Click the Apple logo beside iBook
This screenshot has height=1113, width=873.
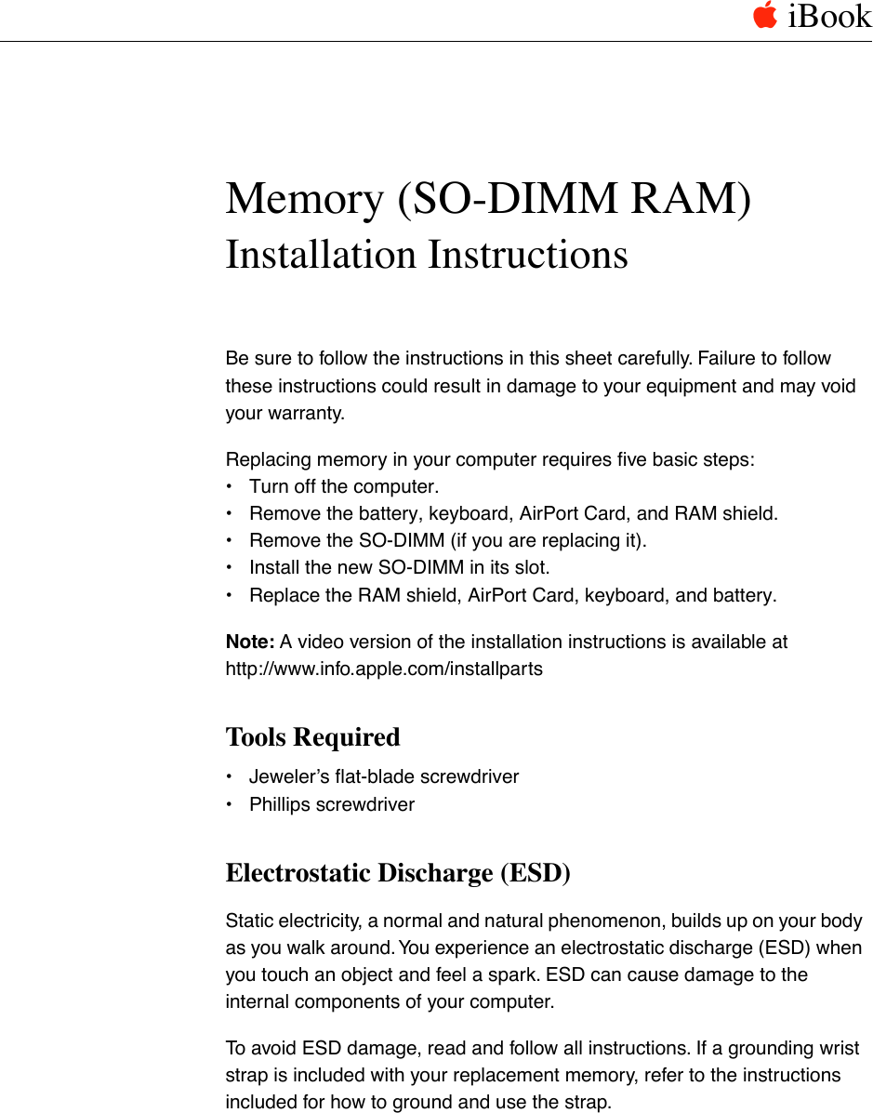click(x=764, y=16)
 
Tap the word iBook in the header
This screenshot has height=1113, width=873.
click(x=829, y=17)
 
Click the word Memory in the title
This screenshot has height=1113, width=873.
click(x=306, y=199)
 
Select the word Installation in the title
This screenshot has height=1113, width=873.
click(x=320, y=255)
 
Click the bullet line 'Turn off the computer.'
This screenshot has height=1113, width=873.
click(x=344, y=486)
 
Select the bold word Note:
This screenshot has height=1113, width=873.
click(x=250, y=642)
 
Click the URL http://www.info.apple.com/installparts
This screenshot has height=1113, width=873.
click(x=384, y=669)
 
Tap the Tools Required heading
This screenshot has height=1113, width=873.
click(x=312, y=737)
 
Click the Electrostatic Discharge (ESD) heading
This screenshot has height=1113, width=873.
click(x=398, y=873)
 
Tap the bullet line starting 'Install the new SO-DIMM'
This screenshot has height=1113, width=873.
click(x=399, y=567)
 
